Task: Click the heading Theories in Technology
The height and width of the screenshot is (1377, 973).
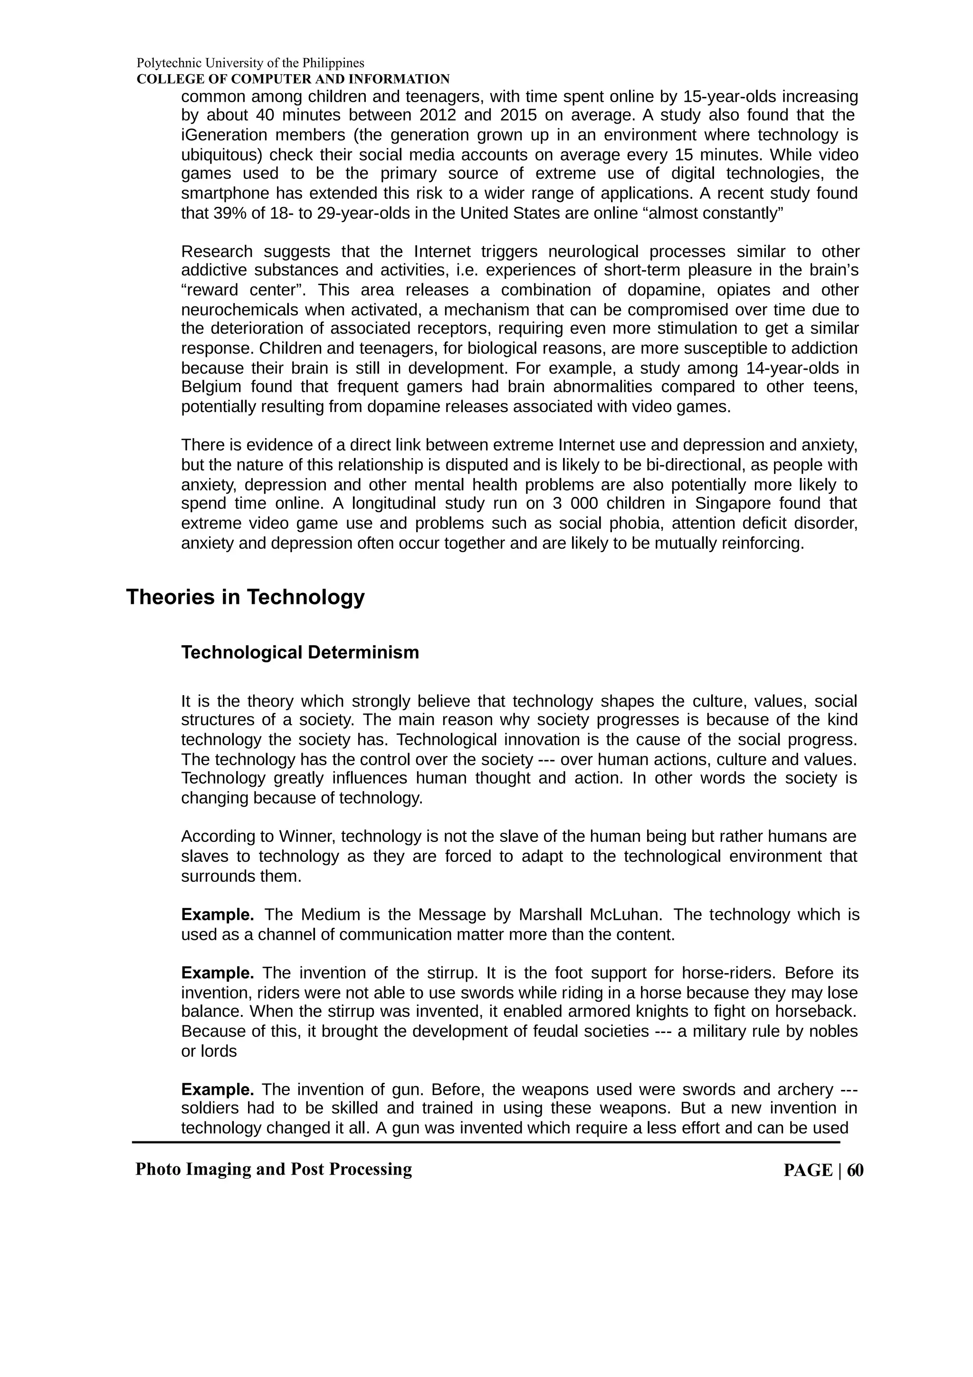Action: coord(245,597)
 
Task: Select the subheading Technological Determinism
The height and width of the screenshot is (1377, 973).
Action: coord(300,652)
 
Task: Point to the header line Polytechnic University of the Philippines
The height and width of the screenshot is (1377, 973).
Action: coord(250,62)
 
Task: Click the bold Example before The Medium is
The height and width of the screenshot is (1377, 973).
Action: coord(217,915)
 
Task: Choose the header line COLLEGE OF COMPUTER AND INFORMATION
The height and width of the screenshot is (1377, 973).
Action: coord(293,79)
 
